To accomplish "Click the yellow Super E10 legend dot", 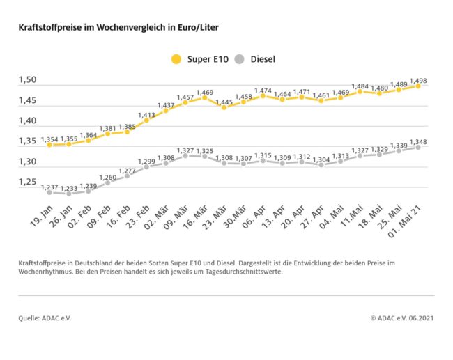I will [x=176, y=59].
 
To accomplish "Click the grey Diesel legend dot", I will [x=241, y=59].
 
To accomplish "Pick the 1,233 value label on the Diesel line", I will [x=69, y=188].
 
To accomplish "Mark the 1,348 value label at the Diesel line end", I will [x=419, y=141].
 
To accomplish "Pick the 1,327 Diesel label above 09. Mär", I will [x=185, y=150].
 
